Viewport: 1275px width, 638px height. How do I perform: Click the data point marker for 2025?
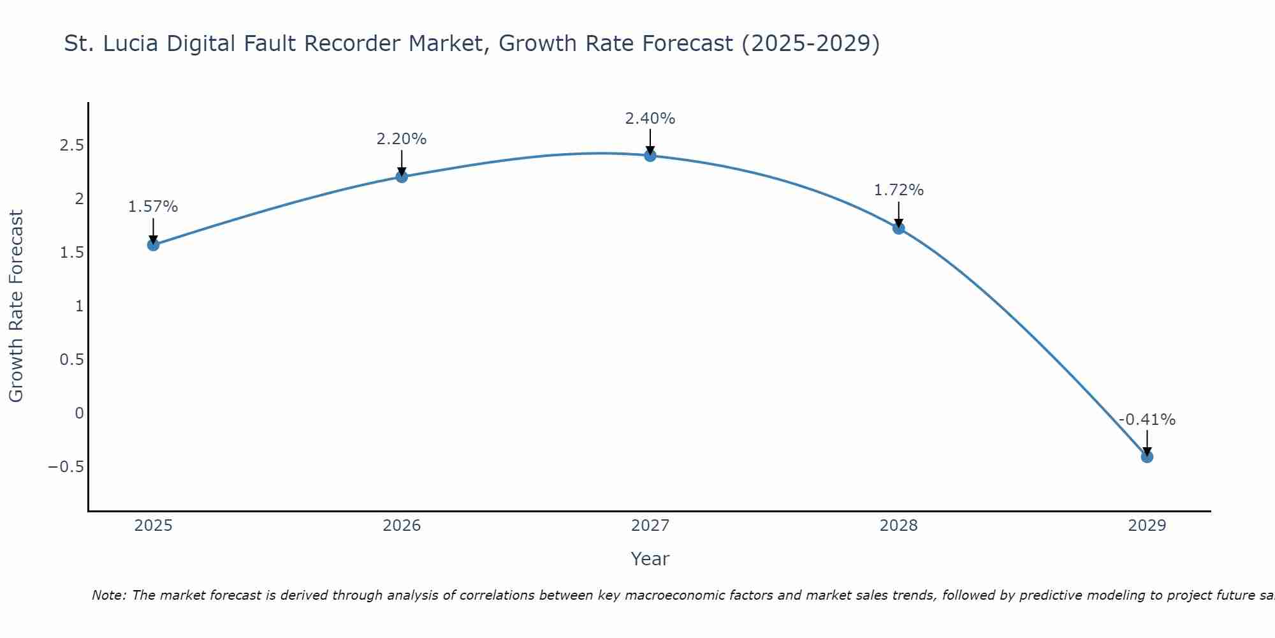[153, 244]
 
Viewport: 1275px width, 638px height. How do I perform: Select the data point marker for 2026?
[402, 177]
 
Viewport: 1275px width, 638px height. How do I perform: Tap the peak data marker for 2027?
[650, 156]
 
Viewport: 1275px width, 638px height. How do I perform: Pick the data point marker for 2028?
[899, 228]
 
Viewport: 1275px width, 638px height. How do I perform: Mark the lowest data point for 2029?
[1147, 457]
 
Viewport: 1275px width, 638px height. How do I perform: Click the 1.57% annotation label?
[153, 207]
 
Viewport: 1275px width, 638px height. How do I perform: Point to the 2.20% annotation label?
[402, 139]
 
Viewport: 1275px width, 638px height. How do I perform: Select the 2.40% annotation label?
[650, 119]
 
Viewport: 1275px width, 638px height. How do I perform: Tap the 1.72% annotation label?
[899, 190]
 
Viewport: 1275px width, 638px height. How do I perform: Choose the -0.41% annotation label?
[1147, 420]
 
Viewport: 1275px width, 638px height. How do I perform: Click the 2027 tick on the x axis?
[650, 526]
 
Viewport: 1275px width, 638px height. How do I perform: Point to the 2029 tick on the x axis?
[1147, 526]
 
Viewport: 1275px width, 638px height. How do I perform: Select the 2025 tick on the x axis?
[153, 526]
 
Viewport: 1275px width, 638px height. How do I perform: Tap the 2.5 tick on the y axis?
[72, 145]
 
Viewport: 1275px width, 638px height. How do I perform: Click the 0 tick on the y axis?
[79, 413]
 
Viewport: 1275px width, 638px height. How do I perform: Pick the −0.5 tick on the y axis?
[66, 466]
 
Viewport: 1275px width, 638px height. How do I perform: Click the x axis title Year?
[650, 559]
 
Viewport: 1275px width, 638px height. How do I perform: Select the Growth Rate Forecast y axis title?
[16, 306]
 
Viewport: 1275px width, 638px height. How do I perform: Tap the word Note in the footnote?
[108, 595]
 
